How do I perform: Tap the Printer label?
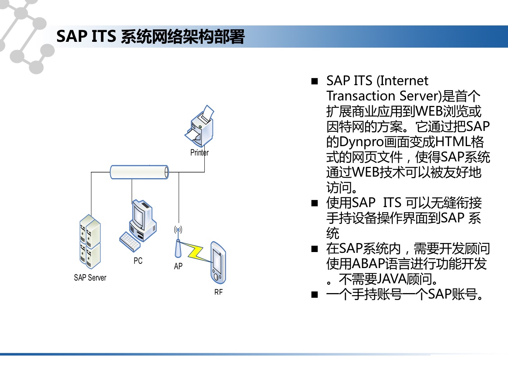[x=200, y=153]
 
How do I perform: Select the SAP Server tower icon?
[x=90, y=241]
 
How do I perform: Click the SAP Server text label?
[x=90, y=277]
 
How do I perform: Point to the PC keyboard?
[x=130, y=241]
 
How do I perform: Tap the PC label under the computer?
[x=138, y=261]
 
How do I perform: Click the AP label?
[x=178, y=266]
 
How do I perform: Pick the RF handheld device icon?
[x=218, y=263]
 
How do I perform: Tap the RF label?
[x=218, y=292]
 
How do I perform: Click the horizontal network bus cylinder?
[x=140, y=172]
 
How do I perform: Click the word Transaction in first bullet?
[x=361, y=96]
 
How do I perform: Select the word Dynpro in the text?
[x=361, y=142]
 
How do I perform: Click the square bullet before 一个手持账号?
[x=315, y=295]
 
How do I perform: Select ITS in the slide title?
[x=104, y=36]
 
